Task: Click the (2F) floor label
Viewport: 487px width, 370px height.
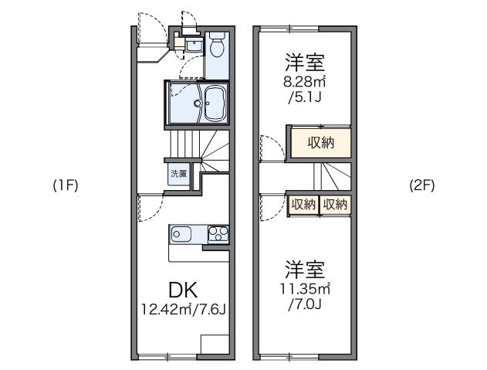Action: point(424,186)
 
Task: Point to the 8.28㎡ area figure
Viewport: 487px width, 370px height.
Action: point(303,80)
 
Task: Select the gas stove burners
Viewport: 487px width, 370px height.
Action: point(218,233)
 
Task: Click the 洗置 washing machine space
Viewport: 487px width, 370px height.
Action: point(178,174)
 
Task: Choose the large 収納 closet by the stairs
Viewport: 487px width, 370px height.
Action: point(320,142)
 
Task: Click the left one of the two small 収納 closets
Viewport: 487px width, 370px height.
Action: point(303,204)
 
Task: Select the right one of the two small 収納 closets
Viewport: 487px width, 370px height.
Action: point(335,204)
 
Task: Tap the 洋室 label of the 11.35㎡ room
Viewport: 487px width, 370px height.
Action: point(304,270)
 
